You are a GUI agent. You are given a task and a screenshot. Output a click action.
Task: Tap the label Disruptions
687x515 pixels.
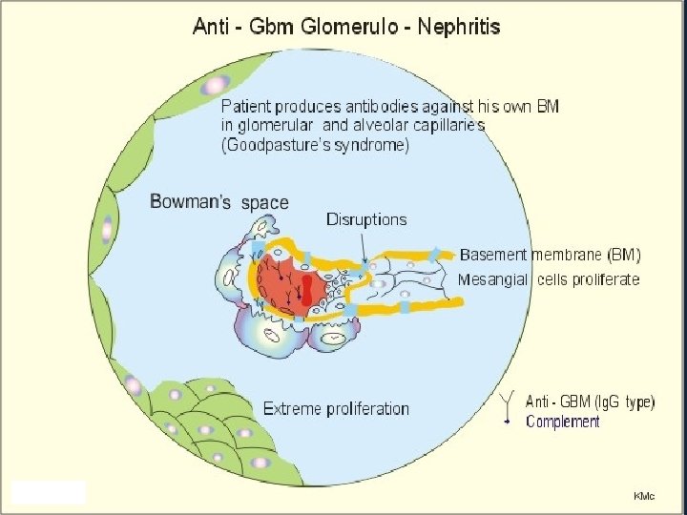(x=366, y=219)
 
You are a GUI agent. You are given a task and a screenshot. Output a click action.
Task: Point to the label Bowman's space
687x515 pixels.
(x=219, y=202)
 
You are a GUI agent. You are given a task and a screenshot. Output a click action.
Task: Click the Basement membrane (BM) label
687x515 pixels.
(x=551, y=255)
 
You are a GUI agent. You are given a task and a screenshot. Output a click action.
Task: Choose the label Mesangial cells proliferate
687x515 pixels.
(x=549, y=279)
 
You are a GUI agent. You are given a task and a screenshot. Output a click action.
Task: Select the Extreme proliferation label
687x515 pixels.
(x=336, y=409)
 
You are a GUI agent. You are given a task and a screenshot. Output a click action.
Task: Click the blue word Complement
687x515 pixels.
(x=563, y=422)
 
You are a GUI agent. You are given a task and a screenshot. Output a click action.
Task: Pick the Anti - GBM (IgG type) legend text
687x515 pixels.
(x=591, y=402)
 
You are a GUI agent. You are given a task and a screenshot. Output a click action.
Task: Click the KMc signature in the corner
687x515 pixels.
(x=645, y=496)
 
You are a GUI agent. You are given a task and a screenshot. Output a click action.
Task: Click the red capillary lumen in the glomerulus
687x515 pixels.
(x=287, y=282)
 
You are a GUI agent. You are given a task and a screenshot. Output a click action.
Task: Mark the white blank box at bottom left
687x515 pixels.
(x=49, y=492)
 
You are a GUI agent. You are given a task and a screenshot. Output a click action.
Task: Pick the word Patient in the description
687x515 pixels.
(x=248, y=106)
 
